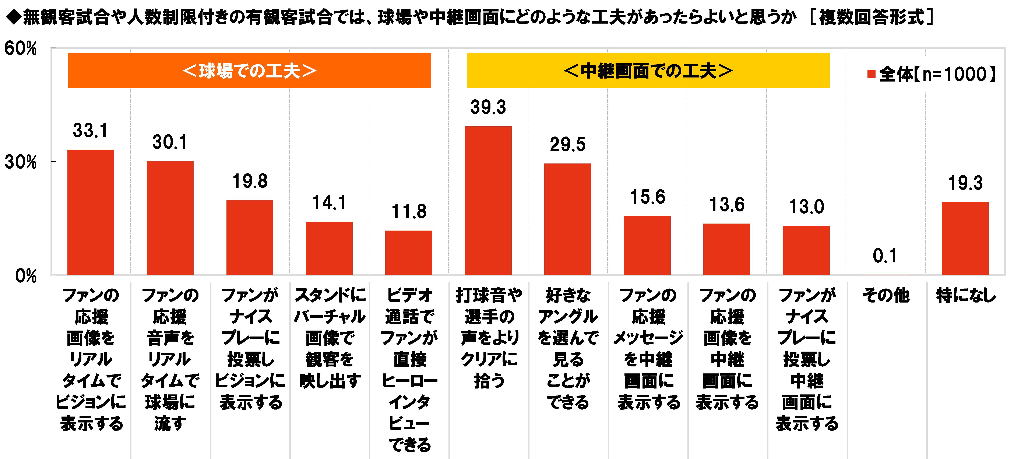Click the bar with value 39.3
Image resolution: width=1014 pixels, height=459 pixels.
click(x=488, y=201)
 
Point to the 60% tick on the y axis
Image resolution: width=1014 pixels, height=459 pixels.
click(x=21, y=49)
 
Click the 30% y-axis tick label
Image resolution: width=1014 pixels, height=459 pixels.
click(x=21, y=162)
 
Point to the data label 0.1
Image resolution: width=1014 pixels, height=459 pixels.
click(x=885, y=256)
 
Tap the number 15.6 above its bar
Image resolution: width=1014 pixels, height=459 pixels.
click(x=648, y=197)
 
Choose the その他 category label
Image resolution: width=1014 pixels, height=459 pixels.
click(x=886, y=296)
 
